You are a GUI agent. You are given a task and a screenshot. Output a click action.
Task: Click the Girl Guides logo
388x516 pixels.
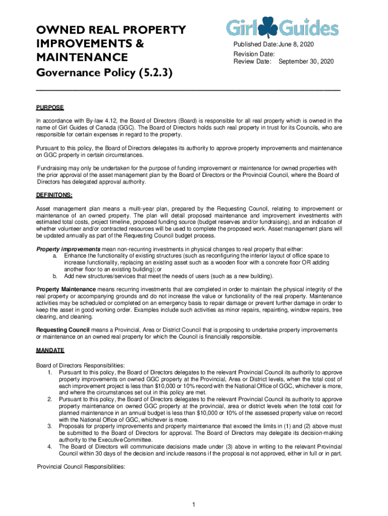coord(282,27)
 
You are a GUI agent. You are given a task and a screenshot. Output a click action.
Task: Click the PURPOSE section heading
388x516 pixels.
coord(50,107)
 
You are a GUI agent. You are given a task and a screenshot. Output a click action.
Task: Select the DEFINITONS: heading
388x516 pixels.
coord(54,195)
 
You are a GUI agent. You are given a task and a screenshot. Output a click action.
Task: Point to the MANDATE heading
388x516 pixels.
coord(50,350)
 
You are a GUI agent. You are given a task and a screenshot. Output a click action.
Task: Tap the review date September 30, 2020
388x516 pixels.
coord(306,61)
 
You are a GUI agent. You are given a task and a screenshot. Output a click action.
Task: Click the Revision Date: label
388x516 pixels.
coord(254,54)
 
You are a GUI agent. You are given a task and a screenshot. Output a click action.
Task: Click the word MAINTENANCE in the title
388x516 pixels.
coord(82,56)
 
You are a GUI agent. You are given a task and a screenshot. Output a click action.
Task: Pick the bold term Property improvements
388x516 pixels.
coord(68,249)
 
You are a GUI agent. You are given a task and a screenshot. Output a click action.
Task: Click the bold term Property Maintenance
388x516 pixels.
coord(66,289)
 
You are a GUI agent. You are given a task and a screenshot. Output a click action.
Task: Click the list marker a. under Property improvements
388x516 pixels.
coord(55,256)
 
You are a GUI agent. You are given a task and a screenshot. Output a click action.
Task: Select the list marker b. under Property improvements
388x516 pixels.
coord(55,276)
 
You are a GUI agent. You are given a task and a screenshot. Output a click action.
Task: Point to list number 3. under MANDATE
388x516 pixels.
coord(50,426)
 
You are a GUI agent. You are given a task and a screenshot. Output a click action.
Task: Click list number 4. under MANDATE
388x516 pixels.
coord(50,446)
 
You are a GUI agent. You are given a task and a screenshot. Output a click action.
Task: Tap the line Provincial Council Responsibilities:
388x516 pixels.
coord(81,467)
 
